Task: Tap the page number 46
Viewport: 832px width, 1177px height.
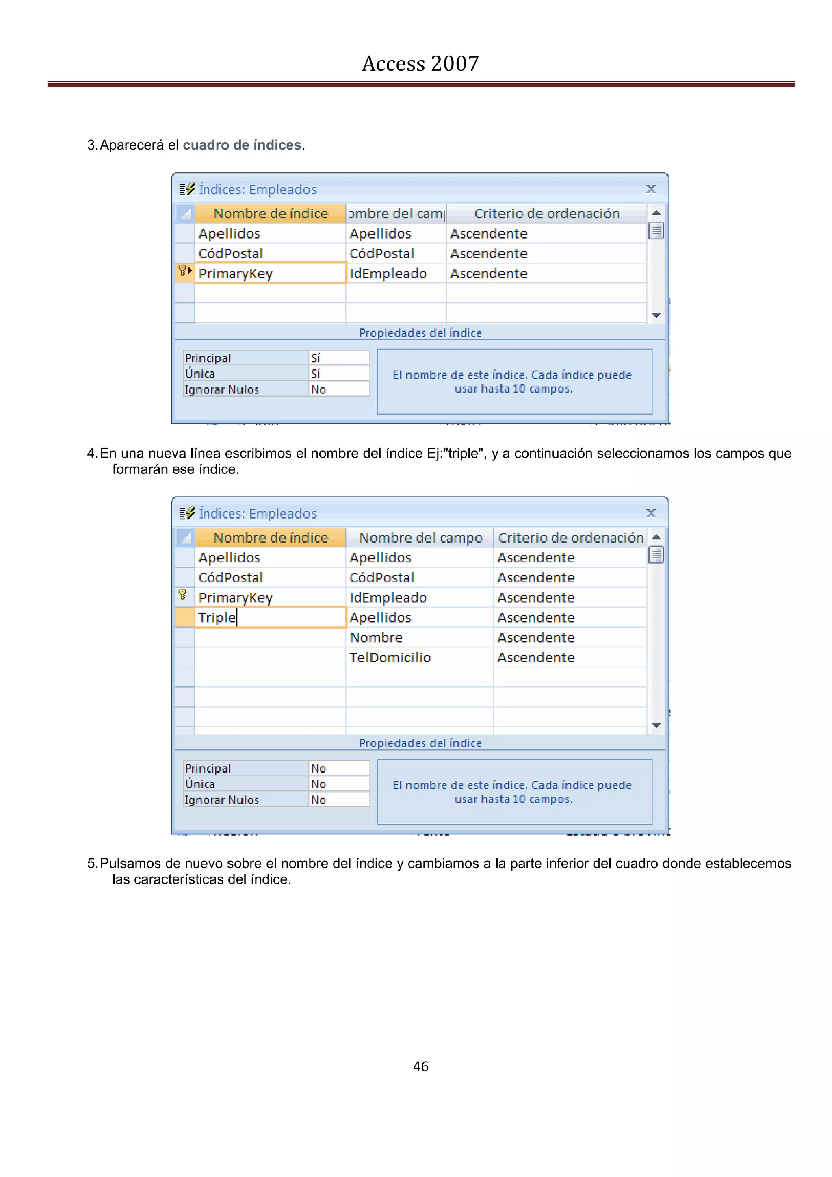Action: (420, 1066)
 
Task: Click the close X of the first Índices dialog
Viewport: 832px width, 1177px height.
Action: (651, 189)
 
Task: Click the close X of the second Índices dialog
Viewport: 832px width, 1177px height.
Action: (651, 513)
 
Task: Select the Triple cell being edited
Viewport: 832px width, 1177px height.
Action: (270, 617)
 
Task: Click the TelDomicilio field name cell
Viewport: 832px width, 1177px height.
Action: (390, 657)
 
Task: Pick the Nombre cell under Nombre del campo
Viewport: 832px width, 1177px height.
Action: (376, 637)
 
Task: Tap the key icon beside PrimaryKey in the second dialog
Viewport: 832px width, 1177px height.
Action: (182, 595)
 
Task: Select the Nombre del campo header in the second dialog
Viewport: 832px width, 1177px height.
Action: (420, 538)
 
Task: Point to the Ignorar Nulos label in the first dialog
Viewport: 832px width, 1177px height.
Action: (222, 390)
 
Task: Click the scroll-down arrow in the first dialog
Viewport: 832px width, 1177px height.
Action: (656, 315)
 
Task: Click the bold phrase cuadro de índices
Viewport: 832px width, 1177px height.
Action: (242, 145)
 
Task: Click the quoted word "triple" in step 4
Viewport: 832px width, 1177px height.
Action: (463, 454)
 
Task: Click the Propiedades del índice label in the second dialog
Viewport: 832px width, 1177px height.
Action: (420, 743)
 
